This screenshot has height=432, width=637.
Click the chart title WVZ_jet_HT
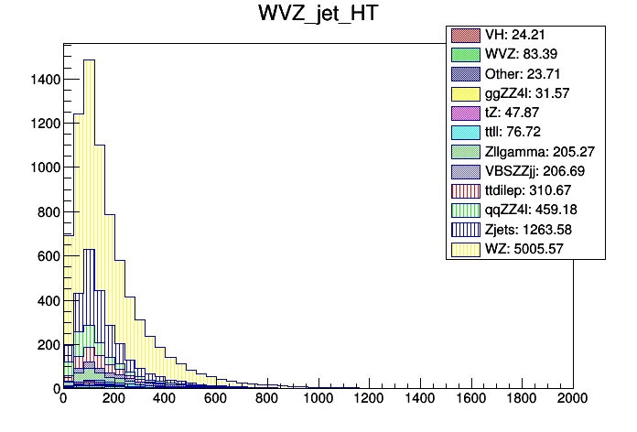[318, 16]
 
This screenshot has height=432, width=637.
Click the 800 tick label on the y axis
[46, 212]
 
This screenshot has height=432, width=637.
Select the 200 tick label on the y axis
[46, 344]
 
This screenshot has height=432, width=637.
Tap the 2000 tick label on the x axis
[571, 400]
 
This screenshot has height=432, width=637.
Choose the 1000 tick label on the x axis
[317, 400]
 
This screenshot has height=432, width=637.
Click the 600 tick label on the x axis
[215, 400]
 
